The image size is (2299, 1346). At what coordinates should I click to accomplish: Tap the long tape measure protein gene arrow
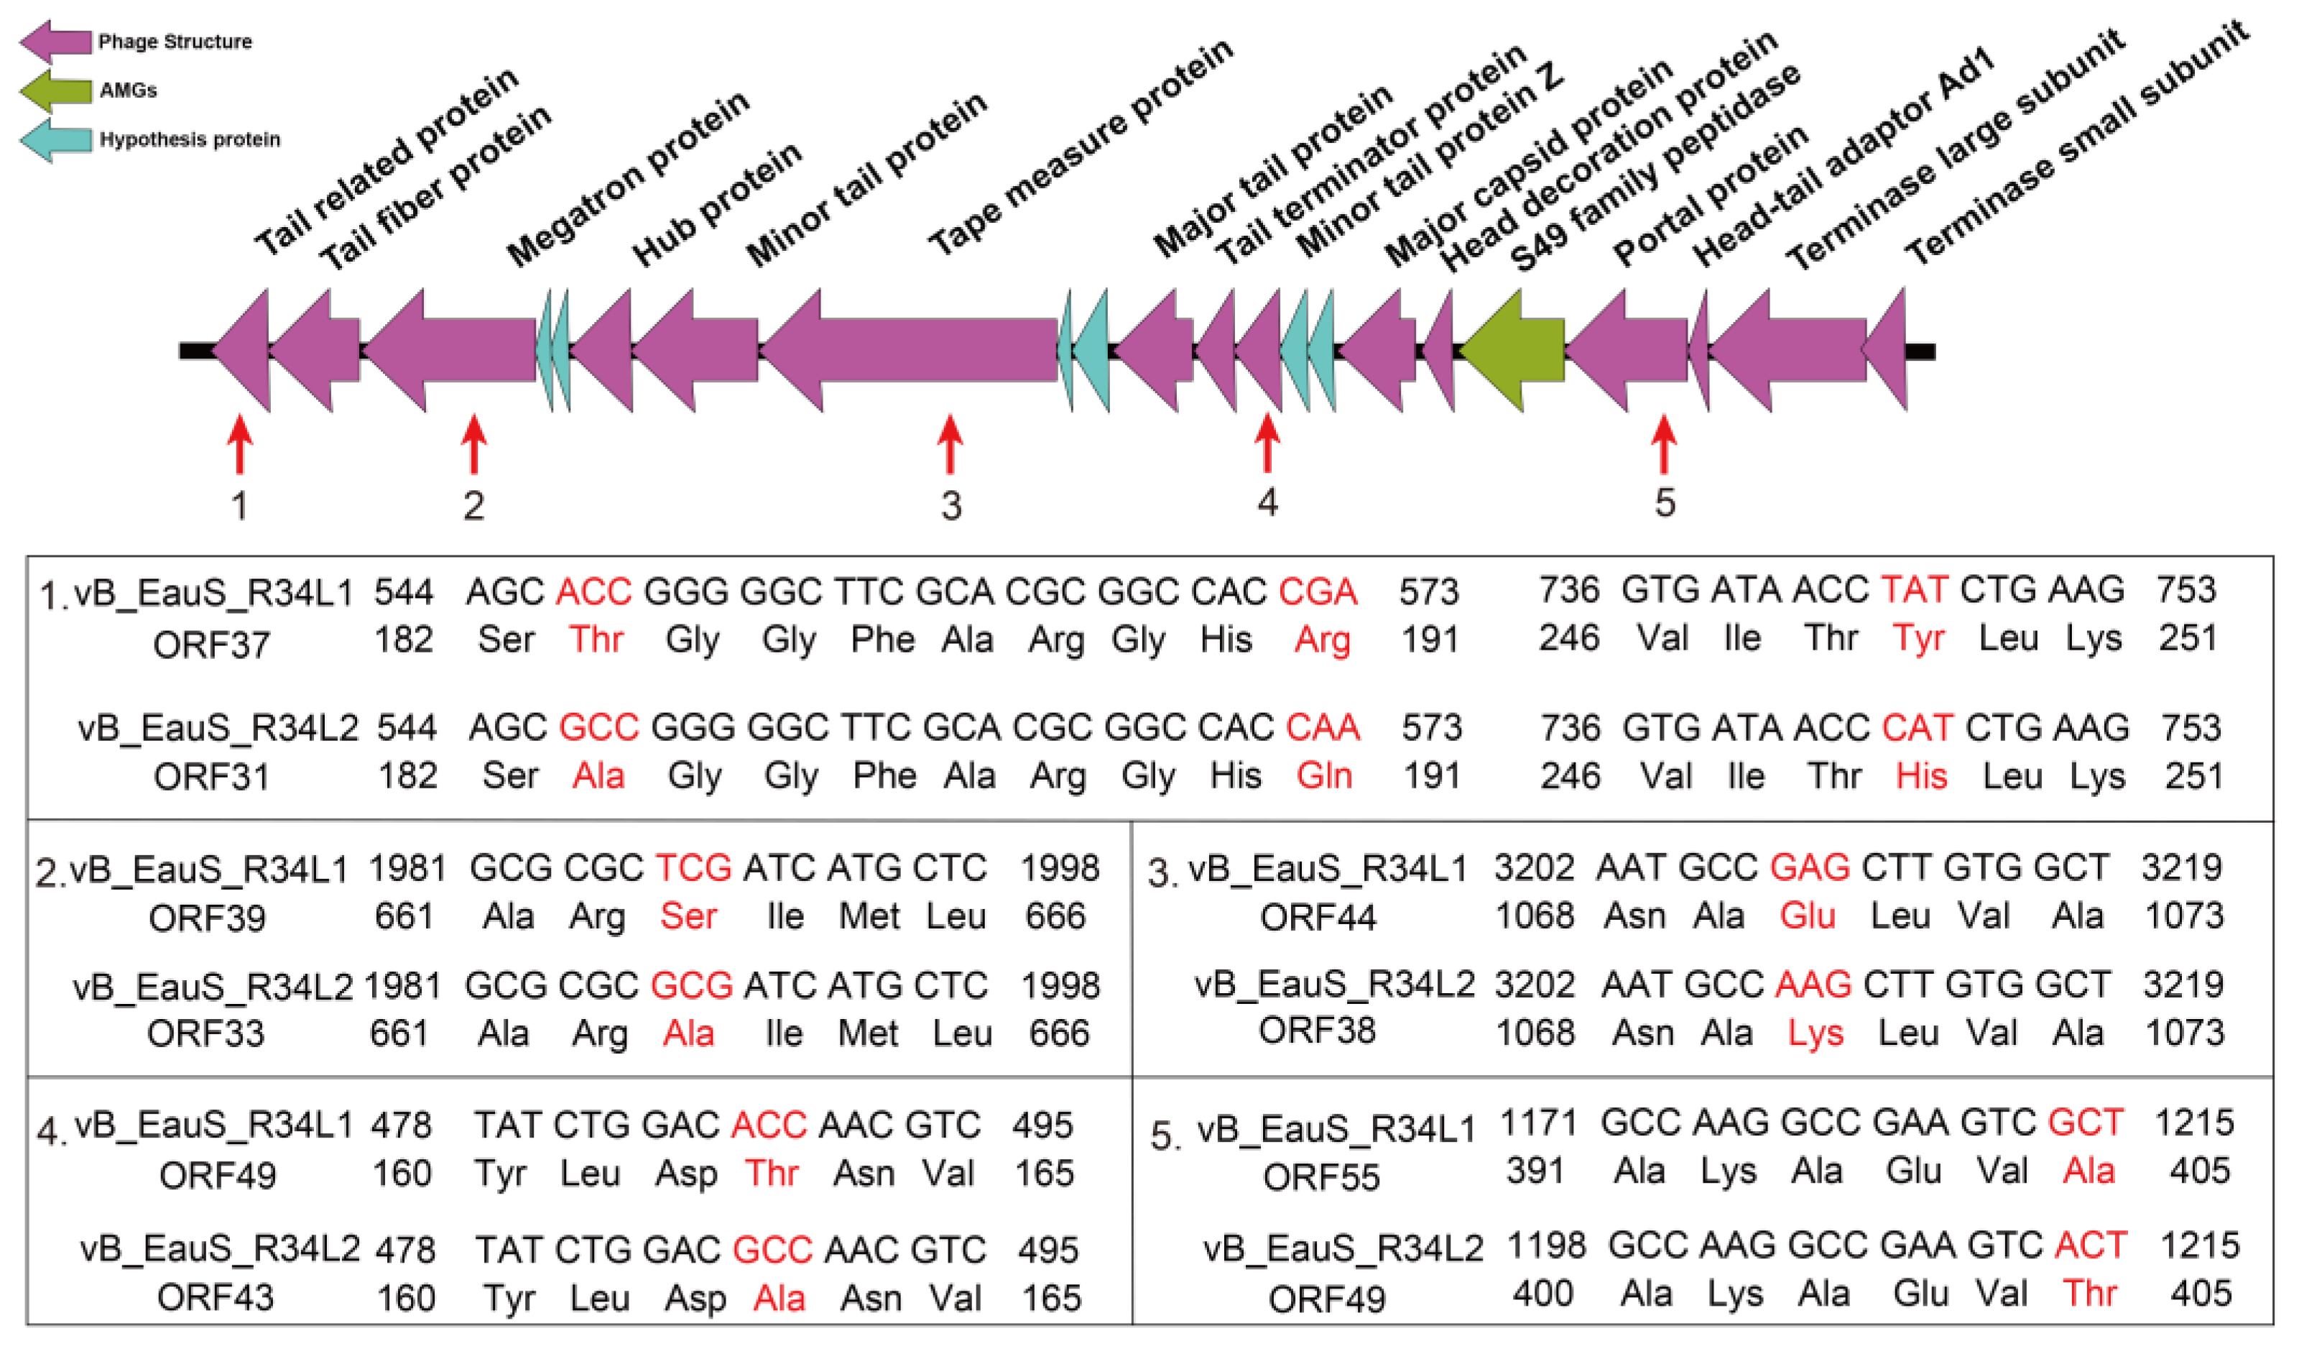click(912, 351)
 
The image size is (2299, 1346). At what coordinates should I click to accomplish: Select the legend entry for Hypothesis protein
click(189, 139)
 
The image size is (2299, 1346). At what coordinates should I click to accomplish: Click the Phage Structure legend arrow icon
click(55, 41)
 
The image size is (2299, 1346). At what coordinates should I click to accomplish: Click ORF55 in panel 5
click(1320, 1177)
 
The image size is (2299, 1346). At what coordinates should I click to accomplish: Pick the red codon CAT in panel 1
click(1917, 728)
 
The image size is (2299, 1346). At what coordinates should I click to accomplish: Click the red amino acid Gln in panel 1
click(1324, 775)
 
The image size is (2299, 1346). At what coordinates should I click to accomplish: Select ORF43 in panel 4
click(216, 1296)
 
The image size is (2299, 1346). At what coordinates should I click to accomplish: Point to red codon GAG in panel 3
click(1809, 867)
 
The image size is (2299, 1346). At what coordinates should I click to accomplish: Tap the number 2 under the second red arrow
click(473, 504)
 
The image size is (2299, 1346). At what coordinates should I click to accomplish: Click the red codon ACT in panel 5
click(2090, 1245)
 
